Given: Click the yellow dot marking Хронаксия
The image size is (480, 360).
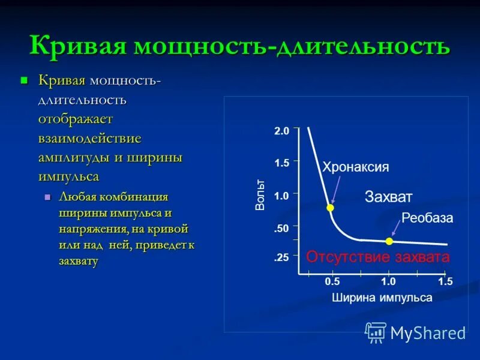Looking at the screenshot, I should [330, 208].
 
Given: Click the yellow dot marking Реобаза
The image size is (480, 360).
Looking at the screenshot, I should [389, 241].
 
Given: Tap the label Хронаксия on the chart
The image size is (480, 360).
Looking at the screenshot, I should [356, 167].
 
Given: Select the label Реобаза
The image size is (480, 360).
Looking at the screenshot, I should [427, 219].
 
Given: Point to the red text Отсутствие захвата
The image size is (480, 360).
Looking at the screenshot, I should [378, 257].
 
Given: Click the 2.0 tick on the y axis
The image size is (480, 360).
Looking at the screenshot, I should [282, 131].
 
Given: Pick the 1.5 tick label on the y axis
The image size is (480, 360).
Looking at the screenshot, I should [282, 163].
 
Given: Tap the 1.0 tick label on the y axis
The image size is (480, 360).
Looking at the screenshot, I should [282, 195].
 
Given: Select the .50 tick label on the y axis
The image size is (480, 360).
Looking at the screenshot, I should [282, 228].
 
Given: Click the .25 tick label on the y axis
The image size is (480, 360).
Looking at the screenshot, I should [282, 257].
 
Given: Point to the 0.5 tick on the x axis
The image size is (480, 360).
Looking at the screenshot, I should [332, 281].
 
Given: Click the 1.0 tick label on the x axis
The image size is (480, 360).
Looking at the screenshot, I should [388, 281].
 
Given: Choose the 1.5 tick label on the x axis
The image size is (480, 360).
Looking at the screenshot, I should [445, 281].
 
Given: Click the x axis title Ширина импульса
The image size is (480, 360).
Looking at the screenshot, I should [382, 298].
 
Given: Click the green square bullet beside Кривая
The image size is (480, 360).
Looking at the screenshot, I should [25, 80].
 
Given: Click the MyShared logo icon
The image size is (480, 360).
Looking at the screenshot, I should [376, 332].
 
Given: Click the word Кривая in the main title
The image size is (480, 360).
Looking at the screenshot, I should [79, 46].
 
